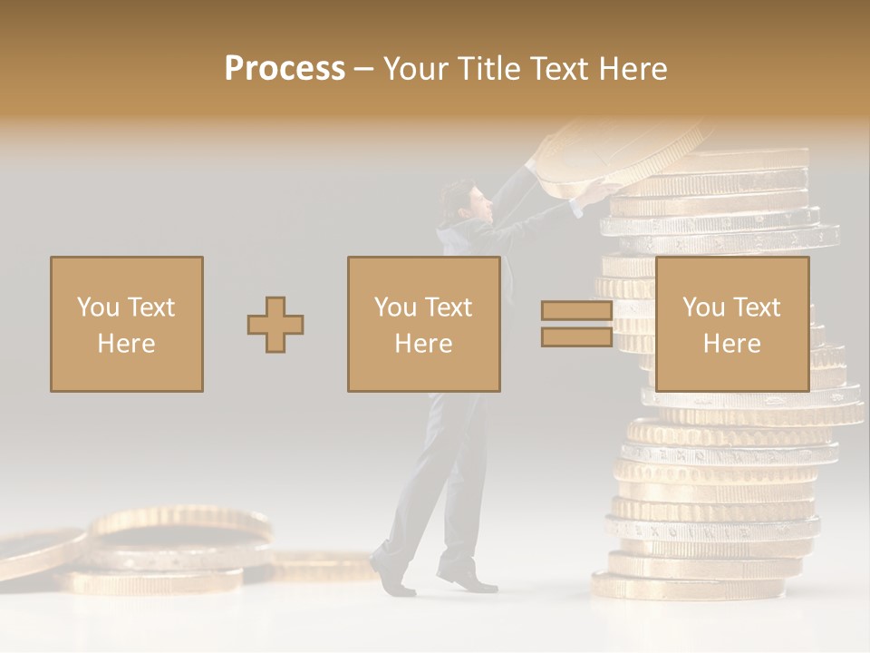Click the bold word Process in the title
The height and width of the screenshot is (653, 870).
coord(285,69)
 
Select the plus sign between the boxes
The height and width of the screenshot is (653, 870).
coord(275,325)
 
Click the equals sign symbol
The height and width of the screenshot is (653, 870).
coord(576,324)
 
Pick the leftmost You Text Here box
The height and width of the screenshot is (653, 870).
coord(127,324)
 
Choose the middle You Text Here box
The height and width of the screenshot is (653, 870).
coord(423,324)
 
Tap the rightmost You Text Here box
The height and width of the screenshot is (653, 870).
coord(731,324)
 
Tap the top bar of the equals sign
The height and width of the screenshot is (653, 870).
coord(576,311)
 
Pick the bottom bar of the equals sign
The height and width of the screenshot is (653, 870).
coord(576,336)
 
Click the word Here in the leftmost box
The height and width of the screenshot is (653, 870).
coord(127,343)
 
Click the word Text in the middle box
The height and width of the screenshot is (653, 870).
coord(449,307)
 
